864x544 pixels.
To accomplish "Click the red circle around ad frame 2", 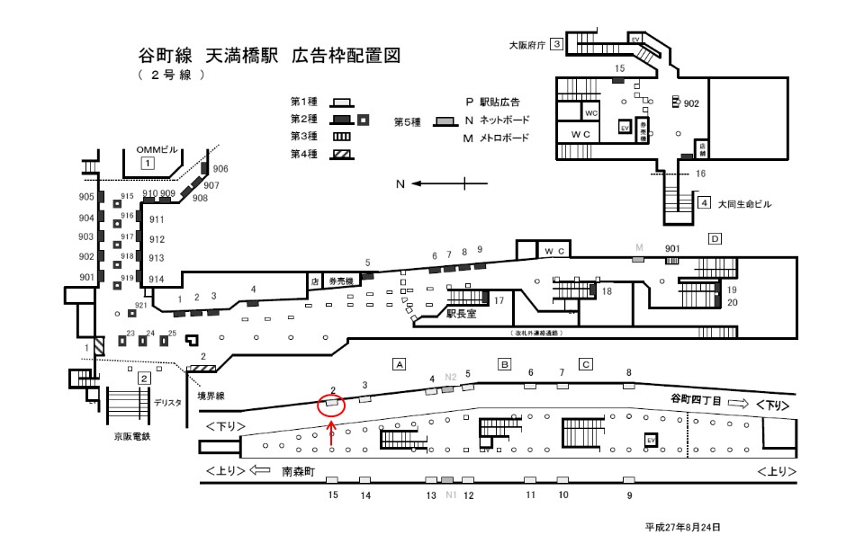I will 332,403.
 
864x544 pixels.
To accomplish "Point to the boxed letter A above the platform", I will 400,364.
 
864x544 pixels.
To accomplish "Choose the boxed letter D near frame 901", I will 715,238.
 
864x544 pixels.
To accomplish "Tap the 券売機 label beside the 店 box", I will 343,280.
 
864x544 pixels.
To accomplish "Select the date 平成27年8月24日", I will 682,528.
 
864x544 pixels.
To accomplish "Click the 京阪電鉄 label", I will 130,436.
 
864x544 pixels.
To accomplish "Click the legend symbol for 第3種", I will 341,137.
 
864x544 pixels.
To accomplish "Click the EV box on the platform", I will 651,439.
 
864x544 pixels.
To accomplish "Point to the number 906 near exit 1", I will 220,169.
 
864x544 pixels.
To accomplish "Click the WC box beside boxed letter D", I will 553,249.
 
